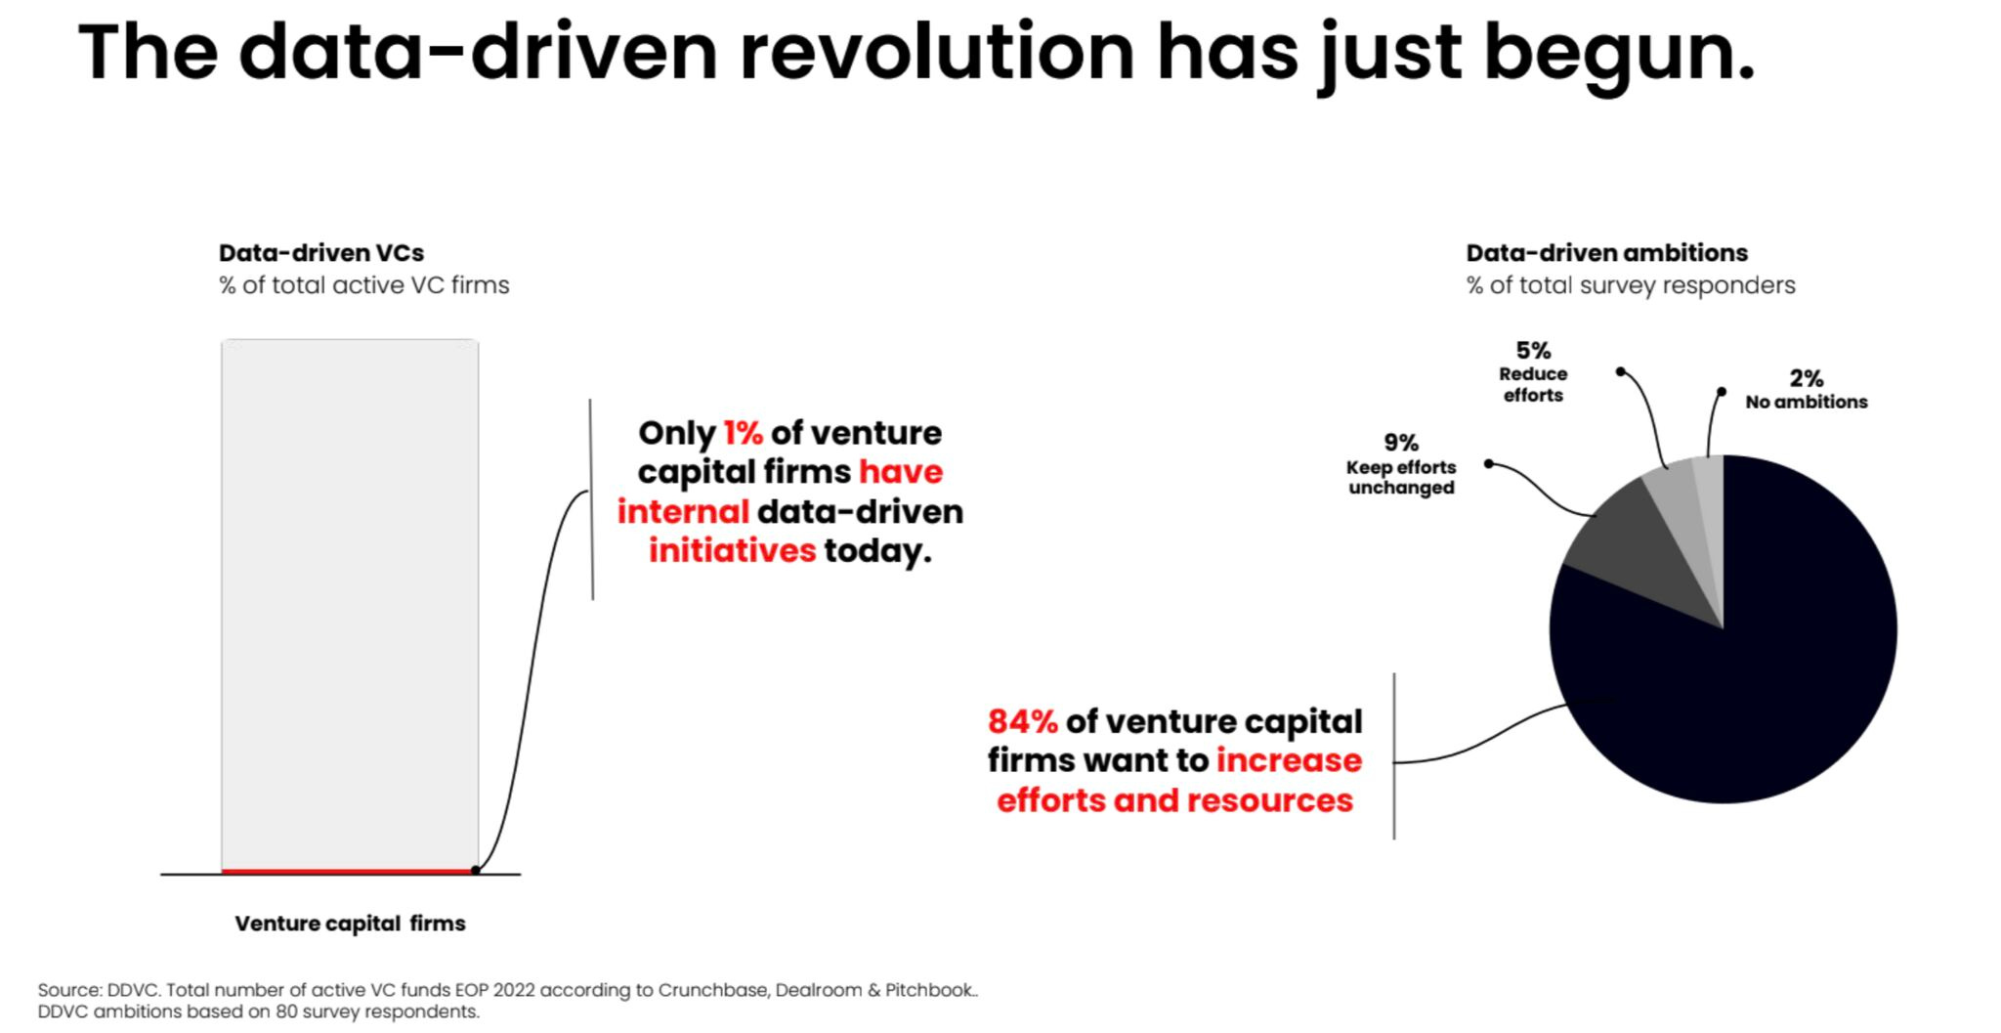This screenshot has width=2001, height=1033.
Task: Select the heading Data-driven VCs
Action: point(320,253)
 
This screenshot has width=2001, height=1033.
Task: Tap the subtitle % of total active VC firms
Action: point(363,285)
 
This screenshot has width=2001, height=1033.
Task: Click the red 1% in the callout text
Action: point(743,433)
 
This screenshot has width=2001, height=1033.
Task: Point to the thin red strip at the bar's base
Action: point(349,871)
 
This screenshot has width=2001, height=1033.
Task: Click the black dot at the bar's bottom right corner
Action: point(476,870)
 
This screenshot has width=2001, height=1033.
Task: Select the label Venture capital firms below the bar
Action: point(350,924)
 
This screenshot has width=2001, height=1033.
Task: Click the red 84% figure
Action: point(1022,721)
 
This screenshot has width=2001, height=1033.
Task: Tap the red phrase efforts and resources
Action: point(1174,800)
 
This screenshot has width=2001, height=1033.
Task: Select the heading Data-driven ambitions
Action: point(1606,253)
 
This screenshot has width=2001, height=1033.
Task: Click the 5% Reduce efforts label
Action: point(1533,372)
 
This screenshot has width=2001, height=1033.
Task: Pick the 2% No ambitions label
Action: point(1806,389)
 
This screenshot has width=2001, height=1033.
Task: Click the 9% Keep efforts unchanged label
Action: point(1401,465)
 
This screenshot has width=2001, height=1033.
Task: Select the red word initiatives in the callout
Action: point(732,550)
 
